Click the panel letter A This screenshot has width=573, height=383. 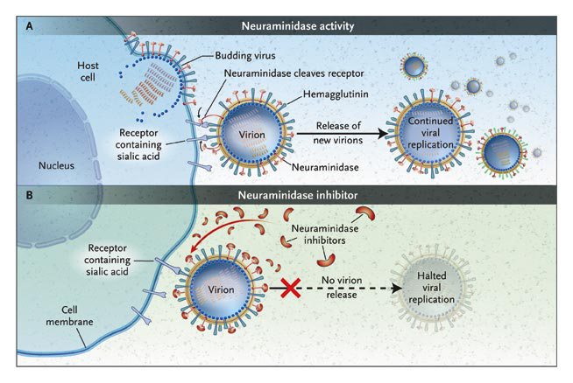point(29,26)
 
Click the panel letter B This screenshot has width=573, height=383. point(29,195)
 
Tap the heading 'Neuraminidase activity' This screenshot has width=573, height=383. point(298,26)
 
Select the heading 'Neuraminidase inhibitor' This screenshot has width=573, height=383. point(298,195)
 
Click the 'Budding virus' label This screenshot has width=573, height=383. point(245,55)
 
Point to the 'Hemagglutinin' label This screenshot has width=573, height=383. point(336,94)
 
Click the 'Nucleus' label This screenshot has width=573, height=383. point(56,165)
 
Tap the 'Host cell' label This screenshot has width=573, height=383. point(88,72)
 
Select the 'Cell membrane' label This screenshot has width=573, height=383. point(69,316)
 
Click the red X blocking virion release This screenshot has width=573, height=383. point(291,289)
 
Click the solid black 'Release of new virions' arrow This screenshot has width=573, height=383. point(342,134)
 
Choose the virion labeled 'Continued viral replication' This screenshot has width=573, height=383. point(430,133)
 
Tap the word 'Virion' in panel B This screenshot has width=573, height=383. point(221,289)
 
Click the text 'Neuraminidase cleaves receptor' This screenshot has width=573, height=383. point(294,73)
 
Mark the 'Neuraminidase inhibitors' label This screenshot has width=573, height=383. point(325,234)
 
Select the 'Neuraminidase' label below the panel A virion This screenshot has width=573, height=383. point(325,167)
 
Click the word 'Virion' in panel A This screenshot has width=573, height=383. point(251,135)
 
